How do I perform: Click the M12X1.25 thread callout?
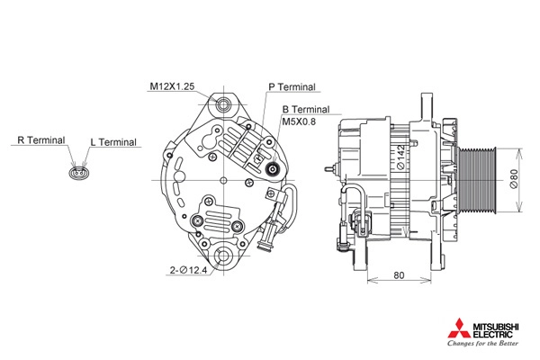point(172,86)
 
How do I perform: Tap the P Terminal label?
point(292,86)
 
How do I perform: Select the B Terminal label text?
point(306,110)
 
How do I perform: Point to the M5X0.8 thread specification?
point(299,121)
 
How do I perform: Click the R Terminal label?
point(41,140)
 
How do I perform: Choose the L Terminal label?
point(113,142)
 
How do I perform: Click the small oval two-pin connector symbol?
point(79,172)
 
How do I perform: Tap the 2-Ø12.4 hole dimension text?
point(188,270)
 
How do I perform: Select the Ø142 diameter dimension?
point(400,157)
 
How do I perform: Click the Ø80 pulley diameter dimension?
point(513,178)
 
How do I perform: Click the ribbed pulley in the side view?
point(478,179)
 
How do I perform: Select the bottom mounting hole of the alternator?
point(223,256)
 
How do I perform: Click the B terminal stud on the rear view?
point(274,169)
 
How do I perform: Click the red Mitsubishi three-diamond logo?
point(459,328)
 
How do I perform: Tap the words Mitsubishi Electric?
point(495,330)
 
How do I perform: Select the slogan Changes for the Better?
point(482,343)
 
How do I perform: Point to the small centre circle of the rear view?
point(223,180)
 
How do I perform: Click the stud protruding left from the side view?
point(331,169)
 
